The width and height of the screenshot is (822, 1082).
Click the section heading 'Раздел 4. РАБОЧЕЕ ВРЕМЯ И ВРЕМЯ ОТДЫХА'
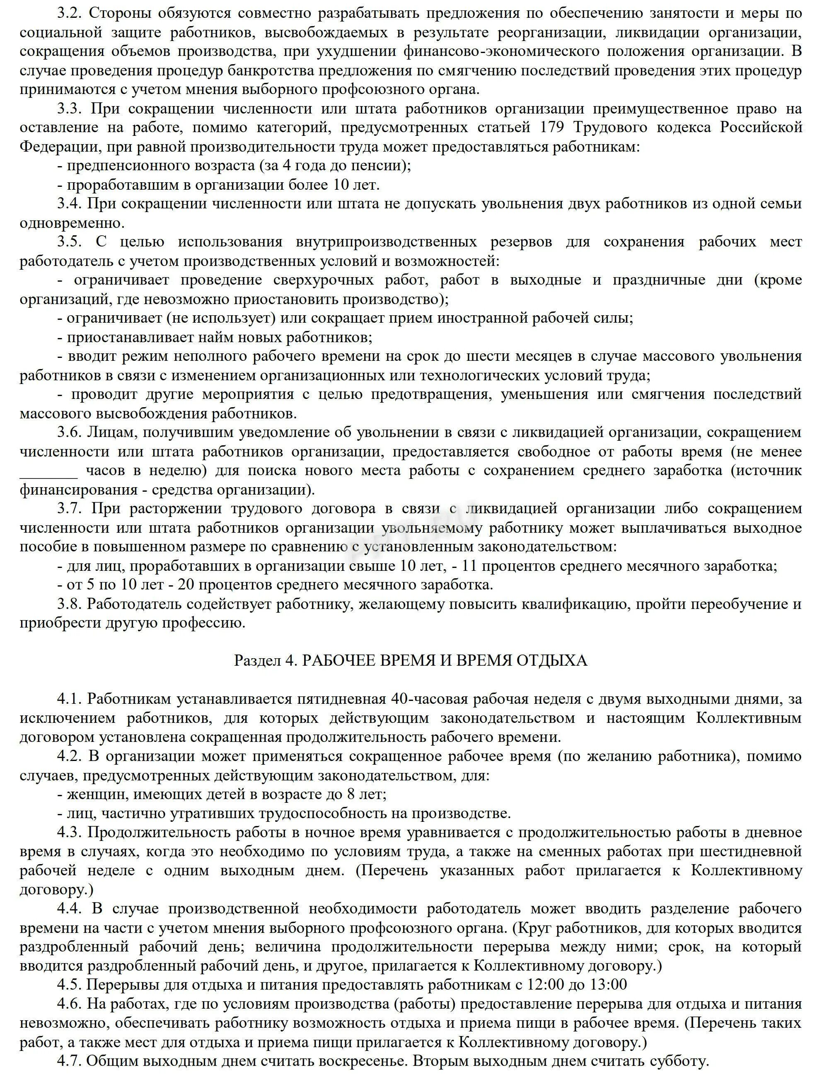pos(411,661)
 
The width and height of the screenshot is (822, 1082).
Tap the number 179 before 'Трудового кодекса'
pos(555,128)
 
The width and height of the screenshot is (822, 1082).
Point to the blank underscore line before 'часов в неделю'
pos(48,471)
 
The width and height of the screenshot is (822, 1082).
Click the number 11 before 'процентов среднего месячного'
pos(470,566)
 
